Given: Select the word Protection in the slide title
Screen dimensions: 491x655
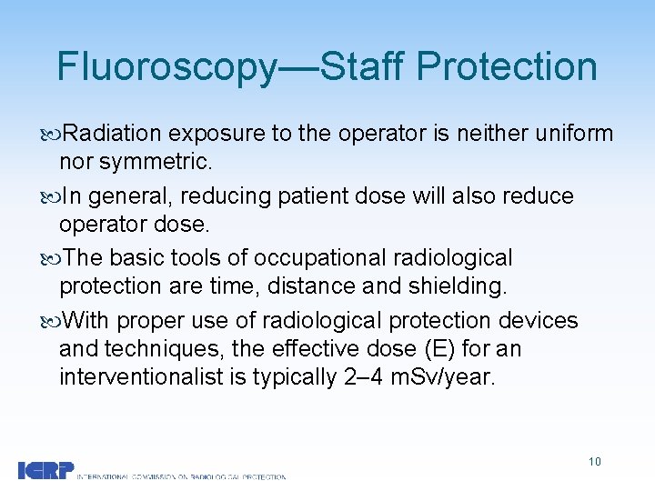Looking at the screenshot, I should coord(509,67).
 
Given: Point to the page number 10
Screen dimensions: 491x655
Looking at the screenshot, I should coord(594,462).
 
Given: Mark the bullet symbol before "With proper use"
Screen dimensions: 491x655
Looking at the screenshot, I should coord(51,321).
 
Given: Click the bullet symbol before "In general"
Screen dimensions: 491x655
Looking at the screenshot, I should coord(51,197).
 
